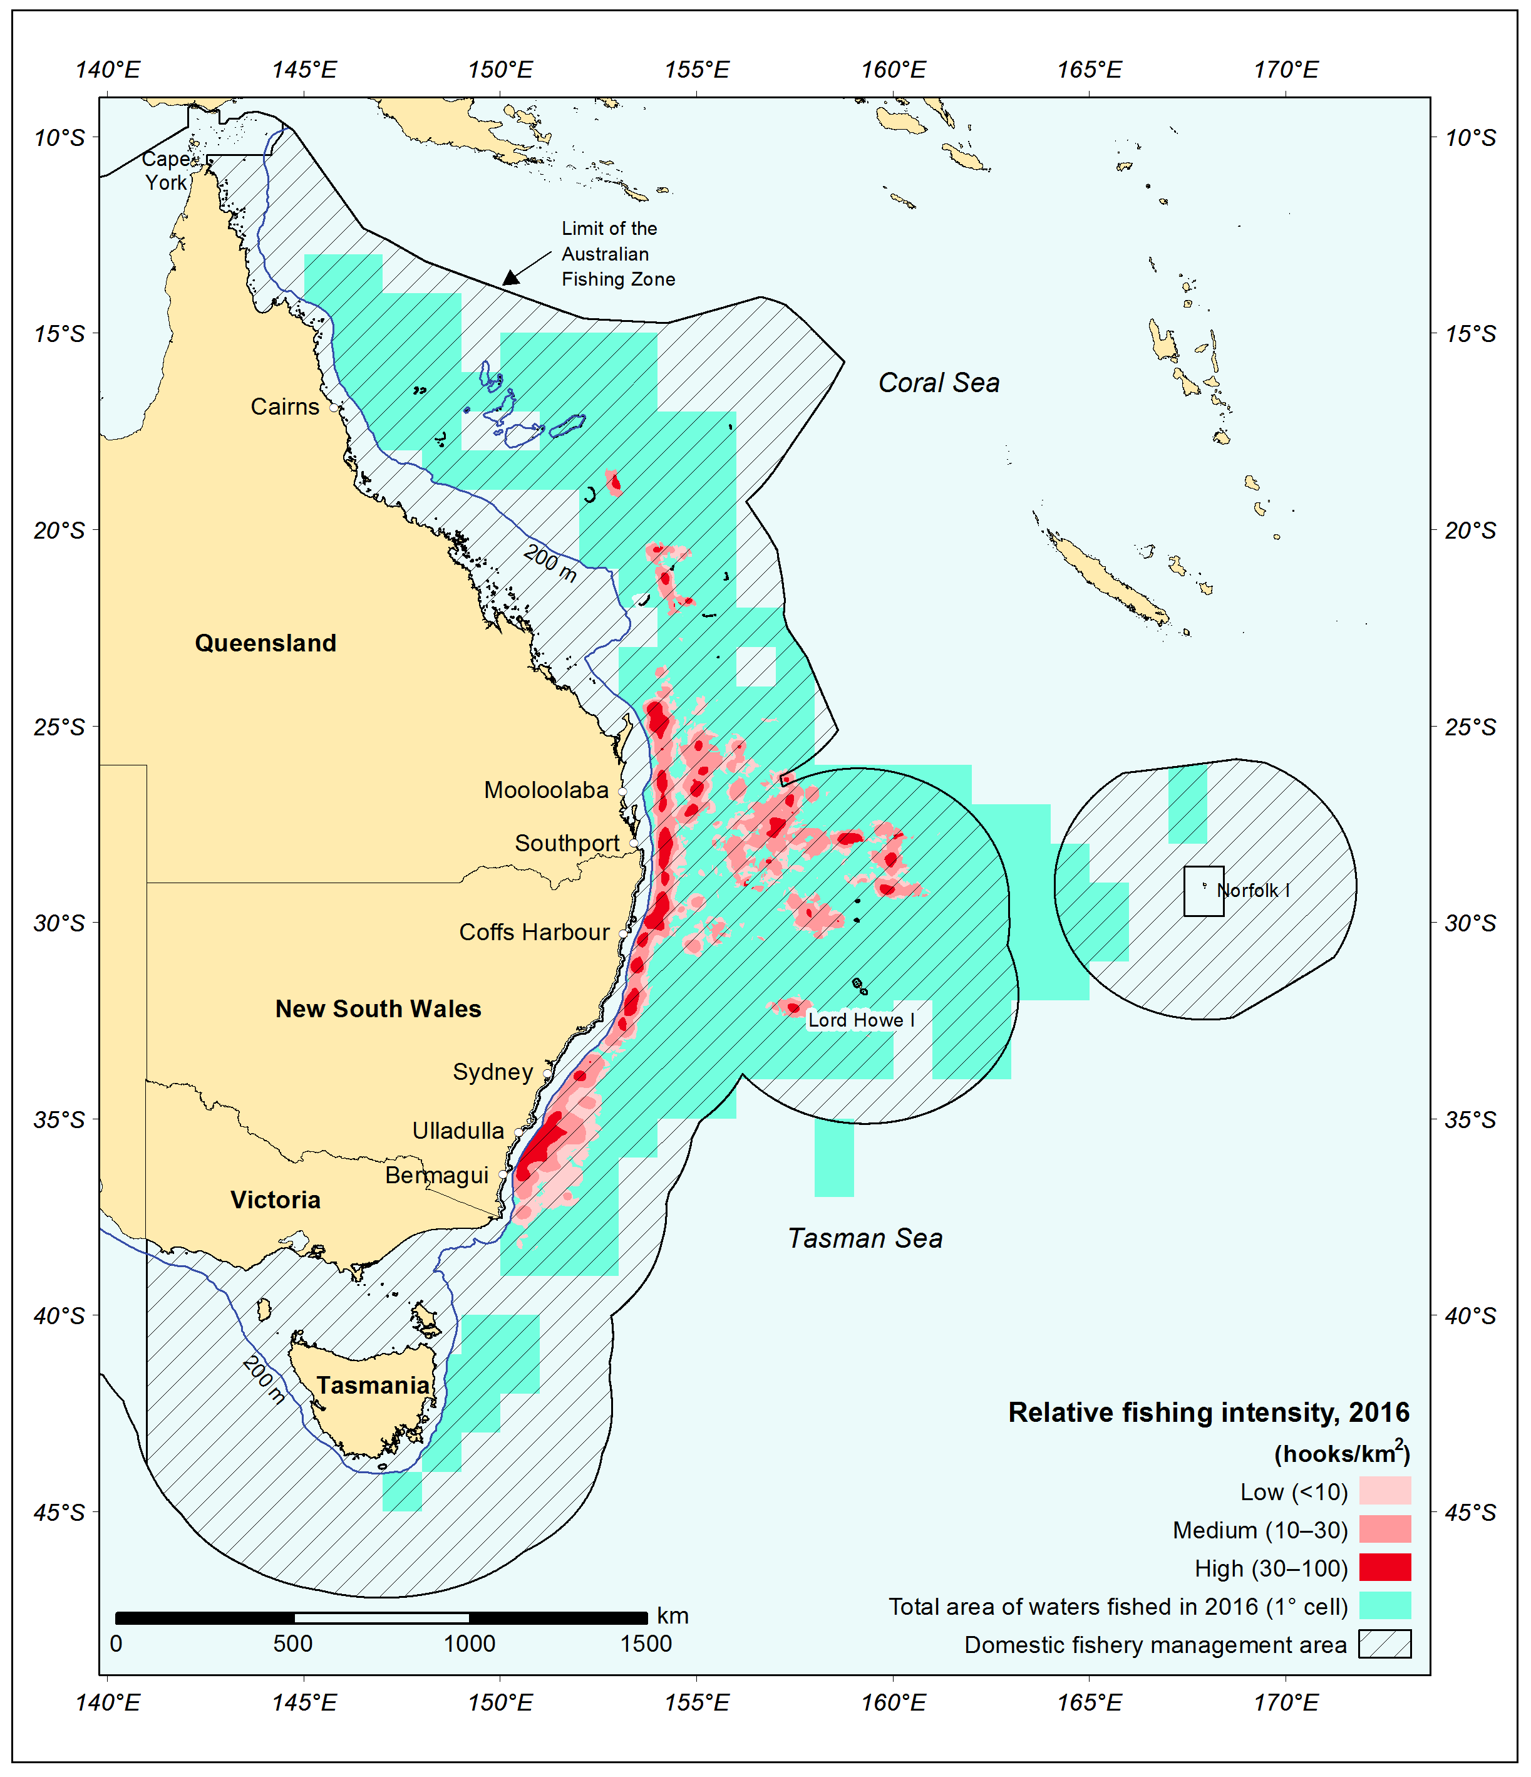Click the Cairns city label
click(285, 407)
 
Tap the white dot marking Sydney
click(547, 1073)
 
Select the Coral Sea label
click(939, 383)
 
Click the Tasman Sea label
click(865, 1238)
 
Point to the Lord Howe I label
click(860, 1020)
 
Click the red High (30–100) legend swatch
click(1384, 1567)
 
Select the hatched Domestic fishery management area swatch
click(1384, 1644)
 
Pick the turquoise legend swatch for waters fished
click(1384, 1605)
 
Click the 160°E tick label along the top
click(893, 70)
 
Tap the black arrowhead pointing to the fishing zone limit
click(512, 276)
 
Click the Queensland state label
click(265, 643)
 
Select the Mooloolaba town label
click(546, 790)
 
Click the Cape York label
click(165, 170)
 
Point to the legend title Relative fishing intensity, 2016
click(1208, 1412)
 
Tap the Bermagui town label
click(436, 1175)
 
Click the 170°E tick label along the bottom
click(1286, 1702)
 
